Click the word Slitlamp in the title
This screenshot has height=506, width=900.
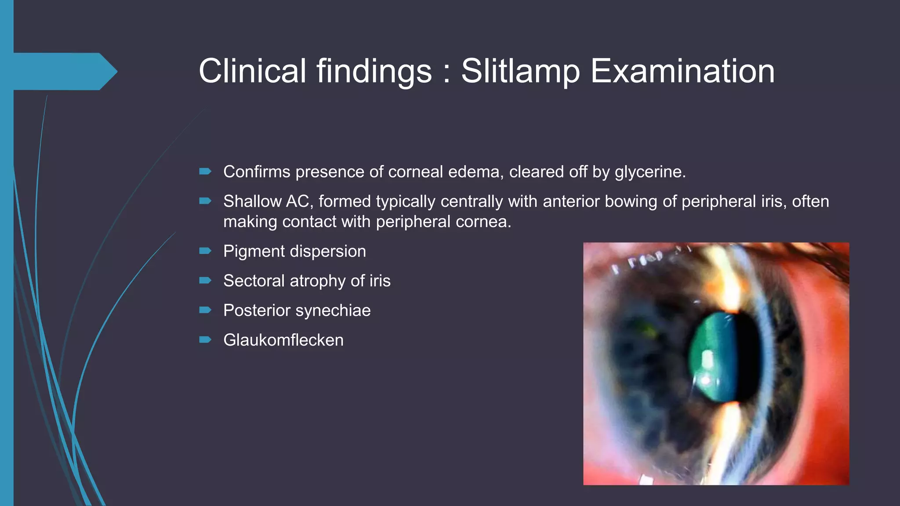[x=520, y=71]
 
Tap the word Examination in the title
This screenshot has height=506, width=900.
[x=682, y=71]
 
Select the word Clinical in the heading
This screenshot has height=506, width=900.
[x=252, y=71]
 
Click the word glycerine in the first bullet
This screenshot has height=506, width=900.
[x=650, y=172]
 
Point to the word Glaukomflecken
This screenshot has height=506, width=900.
[x=283, y=340]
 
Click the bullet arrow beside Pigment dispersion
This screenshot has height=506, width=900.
[x=205, y=251]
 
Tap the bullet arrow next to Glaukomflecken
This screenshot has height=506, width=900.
[x=205, y=340]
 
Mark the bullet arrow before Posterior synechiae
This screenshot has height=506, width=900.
[x=205, y=310]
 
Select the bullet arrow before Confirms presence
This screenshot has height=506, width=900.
[x=205, y=171]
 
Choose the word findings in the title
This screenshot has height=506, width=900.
[x=374, y=71]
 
